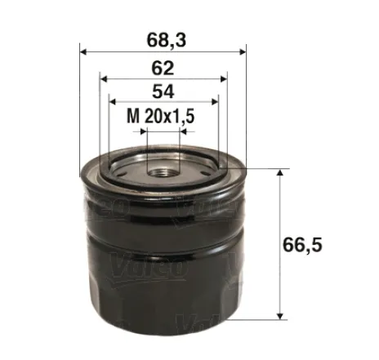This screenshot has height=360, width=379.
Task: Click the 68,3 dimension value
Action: pyautogui.click(x=163, y=38)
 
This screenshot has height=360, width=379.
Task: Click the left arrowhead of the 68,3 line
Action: pyautogui.click(x=83, y=51)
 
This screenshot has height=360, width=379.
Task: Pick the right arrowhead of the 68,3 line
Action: pyautogui.click(x=243, y=51)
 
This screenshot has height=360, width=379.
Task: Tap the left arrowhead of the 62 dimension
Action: pyautogui.click(x=102, y=78)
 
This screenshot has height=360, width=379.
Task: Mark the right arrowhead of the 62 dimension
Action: pyautogui.click(x=224, y=78)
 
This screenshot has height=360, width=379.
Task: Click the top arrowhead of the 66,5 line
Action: pyautogui.click(x=281, y=173)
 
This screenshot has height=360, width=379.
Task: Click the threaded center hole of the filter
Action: pyautogui.click(x=162, y=169)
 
